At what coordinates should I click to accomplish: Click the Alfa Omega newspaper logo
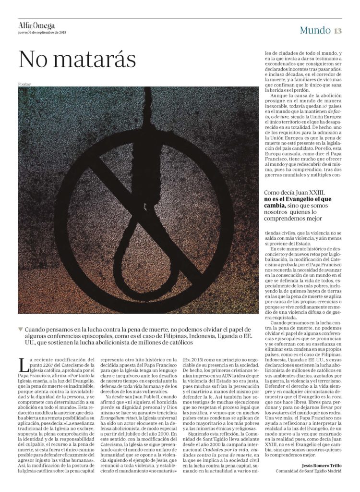pos(36,26)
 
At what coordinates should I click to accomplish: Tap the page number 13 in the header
pos(337,30)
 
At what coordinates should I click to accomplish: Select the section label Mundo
pos(315,30)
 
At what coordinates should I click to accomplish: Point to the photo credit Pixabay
pos(24,84)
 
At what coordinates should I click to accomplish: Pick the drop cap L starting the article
pos(22,365)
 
